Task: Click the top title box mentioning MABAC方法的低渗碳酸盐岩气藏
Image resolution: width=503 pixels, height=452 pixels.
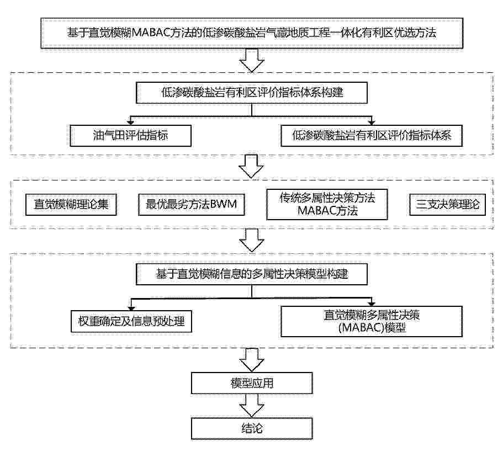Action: tap(252, 33)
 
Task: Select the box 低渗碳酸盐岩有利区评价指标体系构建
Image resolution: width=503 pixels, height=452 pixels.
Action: tap(252, 93)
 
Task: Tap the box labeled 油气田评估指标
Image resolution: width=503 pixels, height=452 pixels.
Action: tap(130, 136)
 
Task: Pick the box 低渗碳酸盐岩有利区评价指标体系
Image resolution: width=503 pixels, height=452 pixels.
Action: tap(372, 136)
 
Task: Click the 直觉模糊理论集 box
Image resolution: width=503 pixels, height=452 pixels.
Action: tap(71, 205)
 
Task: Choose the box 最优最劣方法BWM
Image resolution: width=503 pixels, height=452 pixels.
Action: tap(191, 205)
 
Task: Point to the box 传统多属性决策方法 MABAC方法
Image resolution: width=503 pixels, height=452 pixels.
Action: tap(327, 205)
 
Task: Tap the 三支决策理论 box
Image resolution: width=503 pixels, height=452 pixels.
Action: tap(447, 205)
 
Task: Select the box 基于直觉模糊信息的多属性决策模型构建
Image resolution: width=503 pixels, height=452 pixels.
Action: tap(252, 274)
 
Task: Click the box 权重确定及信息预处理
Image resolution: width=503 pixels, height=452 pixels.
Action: tap(131, 321)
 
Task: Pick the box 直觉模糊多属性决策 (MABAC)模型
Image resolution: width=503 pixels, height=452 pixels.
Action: tap(372, 321)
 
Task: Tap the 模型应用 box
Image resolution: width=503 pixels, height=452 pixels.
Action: tap(252, 383)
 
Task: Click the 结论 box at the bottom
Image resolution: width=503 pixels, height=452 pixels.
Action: tap(252, 429)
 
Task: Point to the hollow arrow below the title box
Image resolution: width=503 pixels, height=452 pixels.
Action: tap(252, 61)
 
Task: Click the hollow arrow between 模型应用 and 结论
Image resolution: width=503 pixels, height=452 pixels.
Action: tap(252, 406)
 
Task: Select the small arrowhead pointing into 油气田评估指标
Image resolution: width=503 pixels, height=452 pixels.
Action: tap(130, 122)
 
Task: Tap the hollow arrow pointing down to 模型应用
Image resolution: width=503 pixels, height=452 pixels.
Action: tap(252, 360)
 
